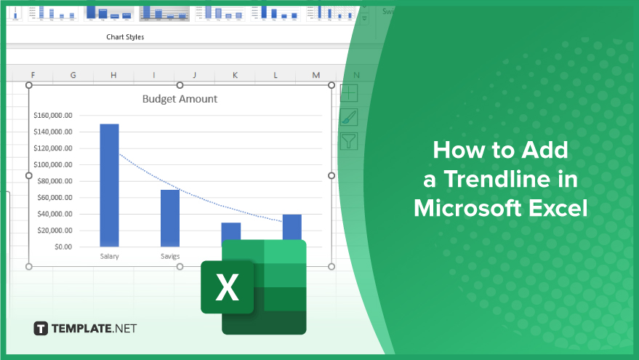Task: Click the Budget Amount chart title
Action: (x=180, y=99)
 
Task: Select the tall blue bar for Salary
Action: (x=109, y=185)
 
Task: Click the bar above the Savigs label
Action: (x=170, y=218)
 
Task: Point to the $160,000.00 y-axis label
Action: (x=52, y=116)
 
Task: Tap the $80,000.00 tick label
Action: (x=55, y=181)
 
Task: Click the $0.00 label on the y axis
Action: (x=63, y=247)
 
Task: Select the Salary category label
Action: (x=109, y=257)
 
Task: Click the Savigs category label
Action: (x=170, y=257)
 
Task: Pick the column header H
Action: (x=113, y=75)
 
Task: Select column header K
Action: (x=235, y=75)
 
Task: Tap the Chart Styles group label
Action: (x=125, y=36)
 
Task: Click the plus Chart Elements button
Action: (x=349, y=93)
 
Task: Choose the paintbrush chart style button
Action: (x=349, y=117)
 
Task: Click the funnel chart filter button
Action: (x=349, y=142)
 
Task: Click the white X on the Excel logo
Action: (x=227, y=287)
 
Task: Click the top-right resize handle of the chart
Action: (x=331, y=85)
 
